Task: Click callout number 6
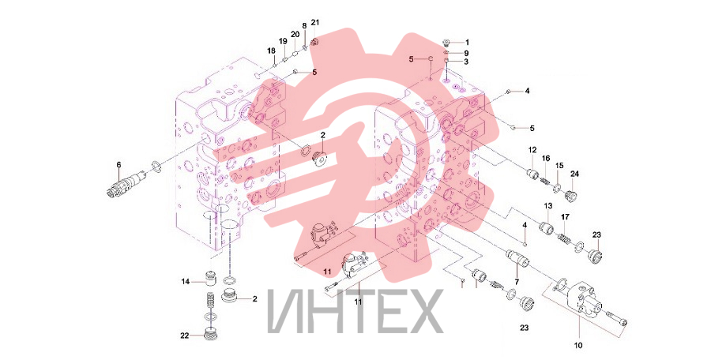118,165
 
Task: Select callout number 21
315,23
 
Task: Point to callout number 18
271,50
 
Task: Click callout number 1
468,43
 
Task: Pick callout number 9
467,53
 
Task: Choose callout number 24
574,174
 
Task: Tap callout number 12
532,150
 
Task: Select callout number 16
546,158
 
